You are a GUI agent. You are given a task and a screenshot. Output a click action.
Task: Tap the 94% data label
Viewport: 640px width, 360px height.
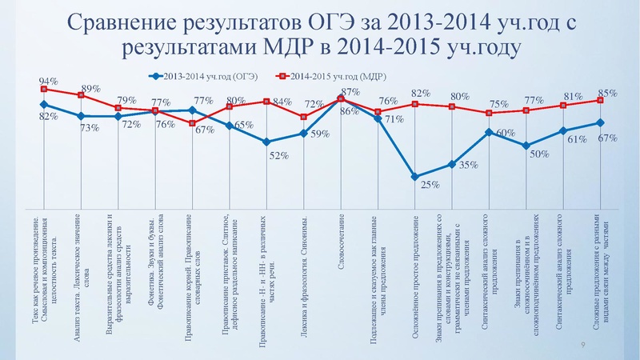tap(47, 82)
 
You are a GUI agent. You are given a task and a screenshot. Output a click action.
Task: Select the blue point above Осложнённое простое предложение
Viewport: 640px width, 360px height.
tap(415, 177)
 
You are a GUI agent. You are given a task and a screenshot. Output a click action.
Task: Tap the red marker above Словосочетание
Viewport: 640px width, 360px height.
tap(342, 98)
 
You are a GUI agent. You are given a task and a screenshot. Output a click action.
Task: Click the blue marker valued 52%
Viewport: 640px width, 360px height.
tap(266, 142)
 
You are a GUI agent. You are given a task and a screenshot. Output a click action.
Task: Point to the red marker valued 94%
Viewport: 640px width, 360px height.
tap(44, 90)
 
